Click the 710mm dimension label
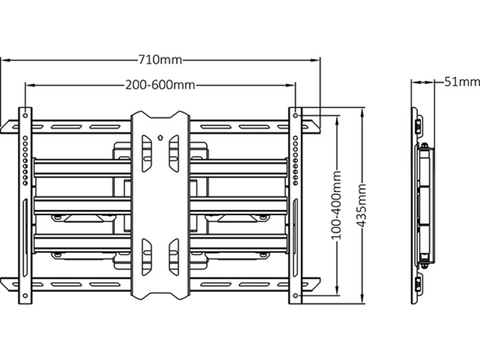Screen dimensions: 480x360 pyautogui.click(x=160, y=60)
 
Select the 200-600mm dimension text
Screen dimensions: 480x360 pyautogui.click(x=160, y=85)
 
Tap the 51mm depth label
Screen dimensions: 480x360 pyautogui.click(x=462, y=82)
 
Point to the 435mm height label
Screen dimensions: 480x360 pyautogui.click(x=362, y=205)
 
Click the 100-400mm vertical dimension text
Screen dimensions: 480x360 pyautogui.click(x=337, y=205)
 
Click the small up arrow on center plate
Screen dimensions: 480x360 pyautogui.click(x=160, y=137)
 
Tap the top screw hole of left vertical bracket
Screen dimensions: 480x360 pyautogui.click(x=25, y=116)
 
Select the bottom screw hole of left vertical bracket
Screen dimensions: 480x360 pyautogui.click(x=25, y=296)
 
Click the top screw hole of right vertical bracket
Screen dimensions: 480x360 pyautogui.click(x=295, y=116)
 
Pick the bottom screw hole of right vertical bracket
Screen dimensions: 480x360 pyautogui.click(x=295, y=296)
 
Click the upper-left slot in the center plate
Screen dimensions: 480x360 pyautogui.click(x=146, y=153)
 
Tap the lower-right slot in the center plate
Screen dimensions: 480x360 pyautogui.click(x=173, y=257)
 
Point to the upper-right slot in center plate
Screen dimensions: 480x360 pyautogui.click(x=173, y=153)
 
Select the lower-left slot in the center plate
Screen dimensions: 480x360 pyautogui.click(x=146, y=257)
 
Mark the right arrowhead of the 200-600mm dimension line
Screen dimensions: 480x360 pyautogui.click(x=291, y=85)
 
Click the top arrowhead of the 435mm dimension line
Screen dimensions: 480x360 pyautogui.click(x=362, y=112)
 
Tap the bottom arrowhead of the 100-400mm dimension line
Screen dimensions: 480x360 pyautogui.click(x=337, y=291)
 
